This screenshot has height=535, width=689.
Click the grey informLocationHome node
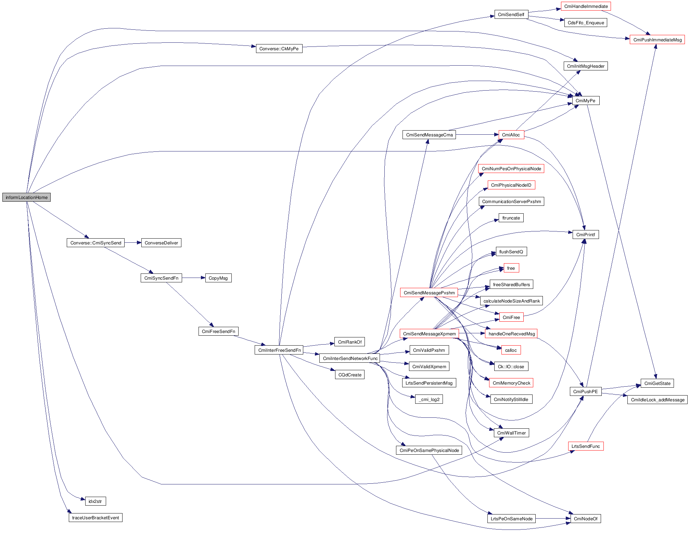(x=26, y=197)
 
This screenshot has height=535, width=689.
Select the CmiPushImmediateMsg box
(x=657, y=40)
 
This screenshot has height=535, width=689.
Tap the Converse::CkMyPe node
(x=279, y=49)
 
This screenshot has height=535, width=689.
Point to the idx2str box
(x=95, y=501)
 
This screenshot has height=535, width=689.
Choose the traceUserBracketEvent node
(x=95, y=518)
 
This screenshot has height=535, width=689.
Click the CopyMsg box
(x=218, y=278)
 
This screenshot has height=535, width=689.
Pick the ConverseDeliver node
(x=161, y=243)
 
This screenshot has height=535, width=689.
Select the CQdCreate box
(x=350, y=375)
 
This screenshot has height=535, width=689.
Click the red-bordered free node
(x=511, y=268)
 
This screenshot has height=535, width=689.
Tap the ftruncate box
(x=511, y=218)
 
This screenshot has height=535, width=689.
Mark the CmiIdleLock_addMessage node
(x=658, y=400)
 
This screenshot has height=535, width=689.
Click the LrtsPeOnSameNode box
(x=511, y=519)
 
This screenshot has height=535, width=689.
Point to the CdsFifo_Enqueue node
(x=586, y=23)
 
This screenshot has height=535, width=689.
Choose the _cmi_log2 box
(x=429, y=399)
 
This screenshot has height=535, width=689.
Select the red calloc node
(x=511, y=350)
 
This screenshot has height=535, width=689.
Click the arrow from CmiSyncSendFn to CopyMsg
(x=193, y=278)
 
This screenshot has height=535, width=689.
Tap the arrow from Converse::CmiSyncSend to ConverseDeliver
(x=133, y=243)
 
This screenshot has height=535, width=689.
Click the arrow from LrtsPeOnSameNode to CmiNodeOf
(x=553, y=519)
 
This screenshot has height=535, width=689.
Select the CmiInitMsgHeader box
(x=586, y=66)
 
